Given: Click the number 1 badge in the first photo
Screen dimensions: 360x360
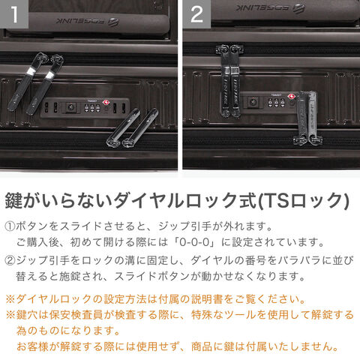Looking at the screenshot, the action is [x=14, y=14].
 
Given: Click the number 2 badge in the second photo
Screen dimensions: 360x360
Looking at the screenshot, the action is [x=196, y=14].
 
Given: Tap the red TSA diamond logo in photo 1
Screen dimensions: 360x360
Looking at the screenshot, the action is [x=106, y=103].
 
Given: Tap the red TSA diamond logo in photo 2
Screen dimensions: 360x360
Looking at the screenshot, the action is [x=291, y=97].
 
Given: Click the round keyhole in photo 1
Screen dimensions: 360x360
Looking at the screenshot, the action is [x=70, y=107].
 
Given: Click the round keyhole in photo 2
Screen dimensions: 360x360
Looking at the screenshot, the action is [x=253, y=102].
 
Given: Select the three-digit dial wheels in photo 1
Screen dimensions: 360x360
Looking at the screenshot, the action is [x=92, y=108].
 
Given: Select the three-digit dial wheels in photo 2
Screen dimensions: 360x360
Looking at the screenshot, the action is [x=276, y=102].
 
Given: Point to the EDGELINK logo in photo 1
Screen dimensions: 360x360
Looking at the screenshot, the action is [x=87, y=21].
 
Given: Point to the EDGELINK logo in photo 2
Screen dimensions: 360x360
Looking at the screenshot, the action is [x=271, y=7].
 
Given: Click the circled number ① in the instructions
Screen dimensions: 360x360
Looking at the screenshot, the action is [x=10, y=226].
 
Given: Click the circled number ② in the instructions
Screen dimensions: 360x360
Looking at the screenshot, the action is [x=10, y=260].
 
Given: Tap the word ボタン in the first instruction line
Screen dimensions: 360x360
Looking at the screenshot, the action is [x=31, y=226].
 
